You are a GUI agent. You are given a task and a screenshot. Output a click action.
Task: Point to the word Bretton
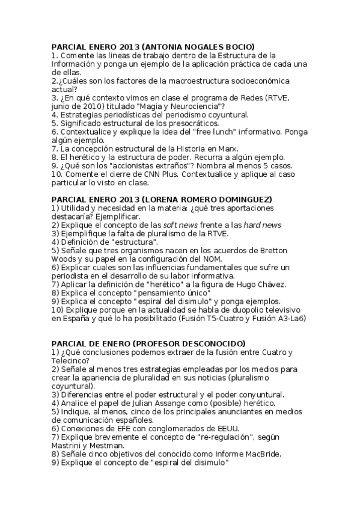coord(257,250)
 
